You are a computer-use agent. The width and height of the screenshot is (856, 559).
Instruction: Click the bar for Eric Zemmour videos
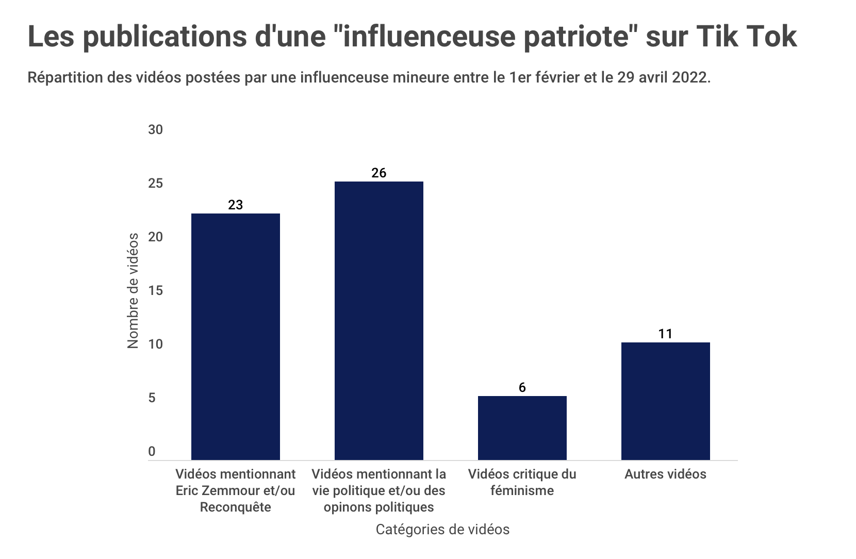click(x=235, y=336)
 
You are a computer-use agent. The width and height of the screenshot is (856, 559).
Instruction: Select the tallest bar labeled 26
click(x=378, y=320)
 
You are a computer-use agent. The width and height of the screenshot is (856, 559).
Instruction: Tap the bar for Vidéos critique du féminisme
click(x=522, y=428)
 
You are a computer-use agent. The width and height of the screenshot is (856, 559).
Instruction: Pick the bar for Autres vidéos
click(x=665, y=401)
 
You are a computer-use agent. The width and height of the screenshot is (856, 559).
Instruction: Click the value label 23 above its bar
click(x=235, y=205)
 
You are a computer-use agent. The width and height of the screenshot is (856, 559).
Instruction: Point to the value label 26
click(x=378, y=173)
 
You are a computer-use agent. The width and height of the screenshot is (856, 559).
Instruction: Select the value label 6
click(x=522, y=387)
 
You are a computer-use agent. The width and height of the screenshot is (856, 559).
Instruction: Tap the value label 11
click(x=665, y=334)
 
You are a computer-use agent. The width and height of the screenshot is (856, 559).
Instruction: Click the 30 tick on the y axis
click(x=155, y=129)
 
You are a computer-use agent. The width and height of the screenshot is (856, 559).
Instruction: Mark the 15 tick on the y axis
click(x=155, y=291)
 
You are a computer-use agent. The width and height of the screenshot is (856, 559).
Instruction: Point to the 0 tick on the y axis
click(x=152, y=452)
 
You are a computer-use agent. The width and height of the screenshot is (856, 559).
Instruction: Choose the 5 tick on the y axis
click(x=152, y=398)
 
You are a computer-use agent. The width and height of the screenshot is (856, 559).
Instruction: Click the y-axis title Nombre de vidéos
click(x=133, y=291)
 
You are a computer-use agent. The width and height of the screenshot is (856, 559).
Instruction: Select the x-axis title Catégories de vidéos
click(x=442, y=530)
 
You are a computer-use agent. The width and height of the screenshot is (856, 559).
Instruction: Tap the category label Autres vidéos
click(x=665, y=474)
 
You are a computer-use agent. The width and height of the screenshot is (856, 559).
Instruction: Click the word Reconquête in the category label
click(x=235, y=507)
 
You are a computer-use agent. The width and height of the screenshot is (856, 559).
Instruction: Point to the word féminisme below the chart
click(x=522, y=490)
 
